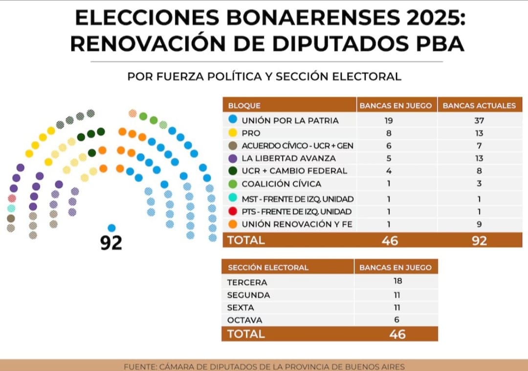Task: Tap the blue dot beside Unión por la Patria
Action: coord(233,119)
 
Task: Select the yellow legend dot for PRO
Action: coord(233,133)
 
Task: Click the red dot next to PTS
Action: coord(233,211)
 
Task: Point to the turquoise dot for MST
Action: coord(233,197)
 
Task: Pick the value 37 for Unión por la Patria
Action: coord(479,120)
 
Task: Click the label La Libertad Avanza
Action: coord(288,158)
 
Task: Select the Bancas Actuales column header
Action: coord(479,105)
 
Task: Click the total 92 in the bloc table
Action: coord(479,241)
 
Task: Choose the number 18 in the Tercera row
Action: coord(397,280)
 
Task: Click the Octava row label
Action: coord(244,320)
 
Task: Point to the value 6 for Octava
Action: coord(396,320)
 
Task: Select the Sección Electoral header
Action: coord(268,268)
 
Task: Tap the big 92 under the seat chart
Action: coord(111,242)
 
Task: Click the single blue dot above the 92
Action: coord(111,228)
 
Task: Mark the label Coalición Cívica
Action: coord(282,184)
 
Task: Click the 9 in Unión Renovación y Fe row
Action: coord(479,224)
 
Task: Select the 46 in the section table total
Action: coord(397,334)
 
